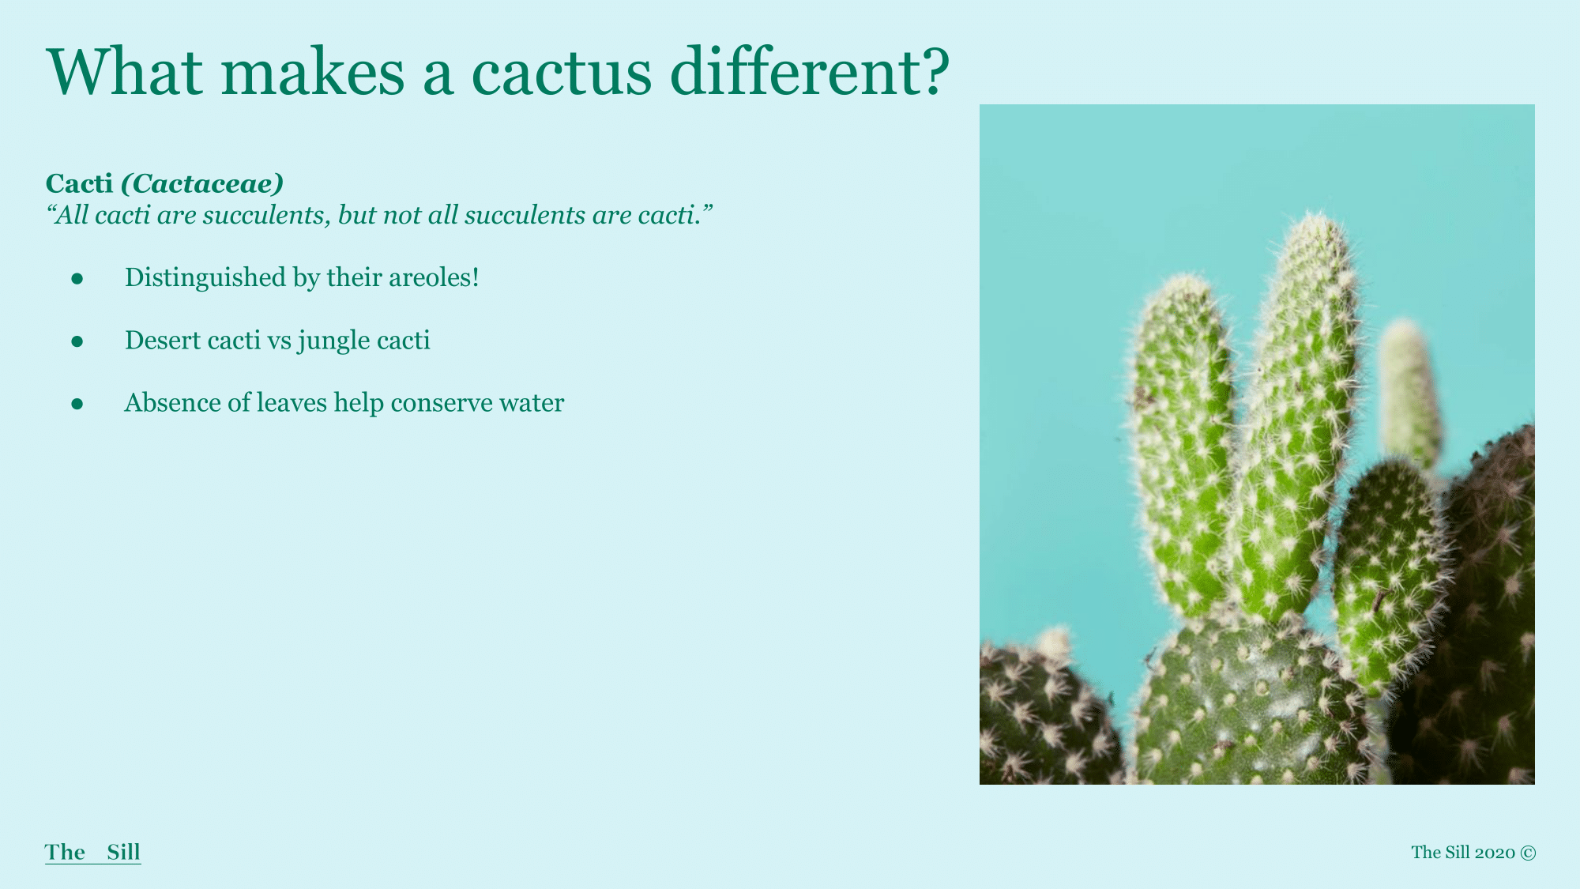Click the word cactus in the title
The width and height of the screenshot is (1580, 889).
(562, 72)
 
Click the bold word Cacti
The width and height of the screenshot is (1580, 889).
(79, 183)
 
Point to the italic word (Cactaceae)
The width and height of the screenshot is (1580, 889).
(202, 184)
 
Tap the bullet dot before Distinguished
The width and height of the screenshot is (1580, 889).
(77, 278)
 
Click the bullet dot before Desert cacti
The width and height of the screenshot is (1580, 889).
(77, 341)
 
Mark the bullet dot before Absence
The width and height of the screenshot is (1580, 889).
(77, 404)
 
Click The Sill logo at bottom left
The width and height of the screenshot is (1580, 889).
(92, 852)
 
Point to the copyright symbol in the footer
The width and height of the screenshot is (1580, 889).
(1528, 853)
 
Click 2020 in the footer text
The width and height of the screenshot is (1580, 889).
(1495, 853)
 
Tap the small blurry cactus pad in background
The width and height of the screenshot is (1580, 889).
(1410, 395)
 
